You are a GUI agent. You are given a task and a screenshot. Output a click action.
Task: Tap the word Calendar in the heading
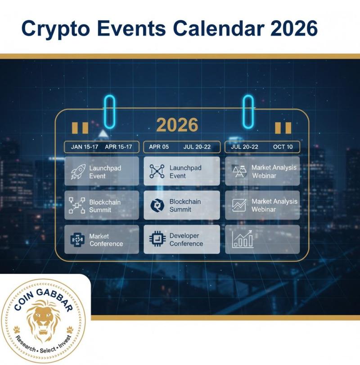[x=219, y=28]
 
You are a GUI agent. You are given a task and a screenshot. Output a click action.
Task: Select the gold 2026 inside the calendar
[x=177, y=125]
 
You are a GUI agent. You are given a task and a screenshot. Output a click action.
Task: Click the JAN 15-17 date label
[x=84, y=147]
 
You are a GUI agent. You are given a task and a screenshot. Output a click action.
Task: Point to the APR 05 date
[x=159, y=147]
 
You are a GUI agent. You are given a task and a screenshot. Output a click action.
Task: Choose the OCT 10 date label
[x=283, y=147]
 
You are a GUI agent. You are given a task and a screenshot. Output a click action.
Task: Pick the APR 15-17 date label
[x=118, y=147]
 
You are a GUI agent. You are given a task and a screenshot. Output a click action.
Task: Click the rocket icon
[x=78, y=172]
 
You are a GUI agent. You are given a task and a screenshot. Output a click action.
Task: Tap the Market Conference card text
[x=106, y=240]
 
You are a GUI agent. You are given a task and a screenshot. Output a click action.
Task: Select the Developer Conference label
[x=186, y=240]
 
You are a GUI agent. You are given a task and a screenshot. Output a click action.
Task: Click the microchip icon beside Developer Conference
[x=157, y=239]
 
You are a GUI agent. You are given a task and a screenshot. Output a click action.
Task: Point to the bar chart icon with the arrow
[x=243, y=239]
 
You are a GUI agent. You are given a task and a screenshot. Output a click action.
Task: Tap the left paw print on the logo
[x=17, y=329]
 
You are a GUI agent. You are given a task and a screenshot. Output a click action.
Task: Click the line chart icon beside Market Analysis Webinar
[x=239, y=205]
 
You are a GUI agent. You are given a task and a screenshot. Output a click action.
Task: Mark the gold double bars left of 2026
[x=80, y=128]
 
